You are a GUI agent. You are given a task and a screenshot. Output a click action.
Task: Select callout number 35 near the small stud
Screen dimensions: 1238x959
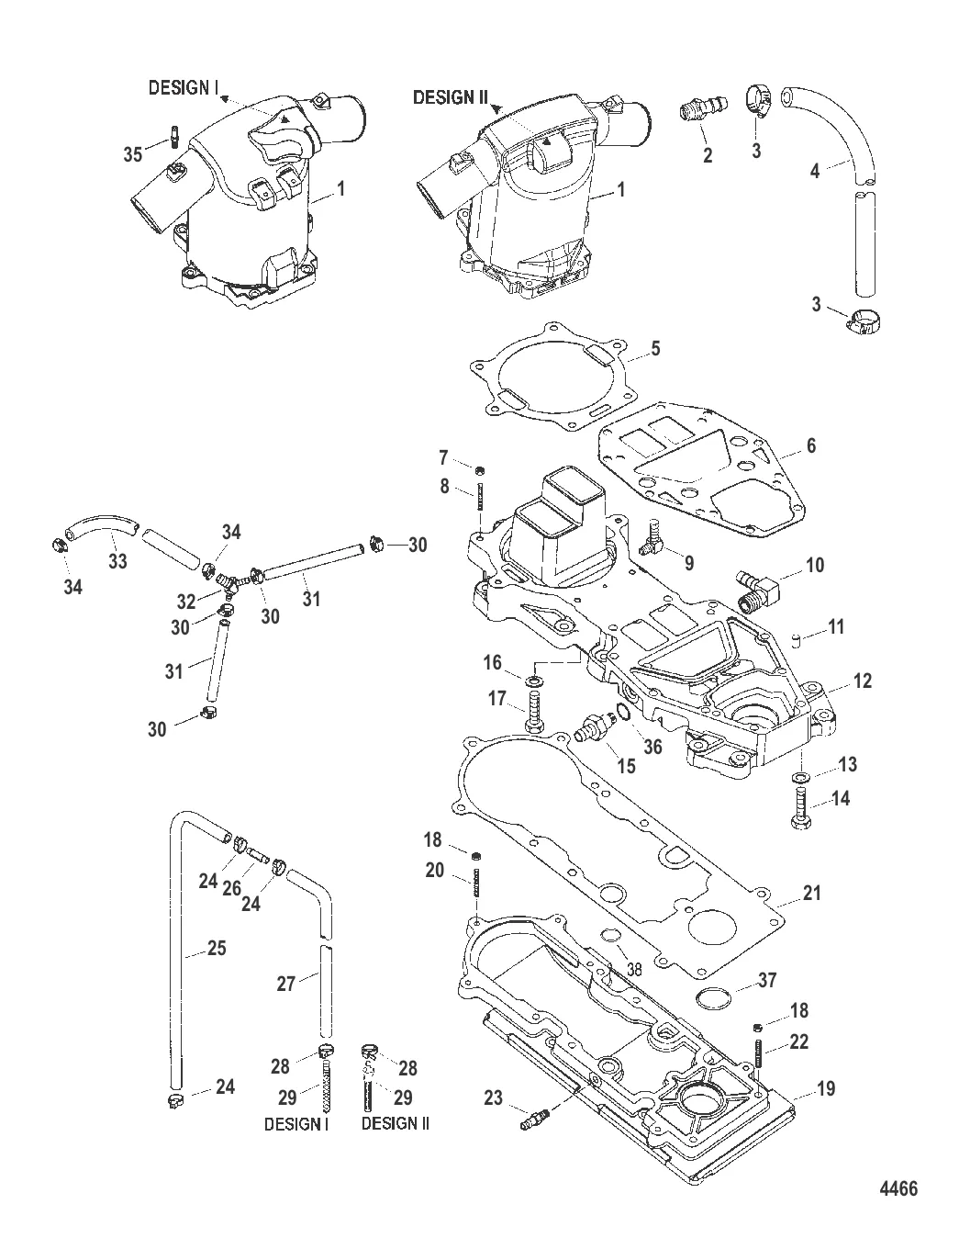(133, 154)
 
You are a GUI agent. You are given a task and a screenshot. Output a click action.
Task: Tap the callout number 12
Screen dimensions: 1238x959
(862, 681)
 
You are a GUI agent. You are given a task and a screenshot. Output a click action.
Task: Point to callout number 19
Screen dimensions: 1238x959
(826, 1089)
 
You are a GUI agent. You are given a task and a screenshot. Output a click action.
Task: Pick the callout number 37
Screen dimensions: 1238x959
(766, 980)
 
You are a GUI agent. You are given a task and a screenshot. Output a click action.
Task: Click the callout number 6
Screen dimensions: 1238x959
(809, 446)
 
